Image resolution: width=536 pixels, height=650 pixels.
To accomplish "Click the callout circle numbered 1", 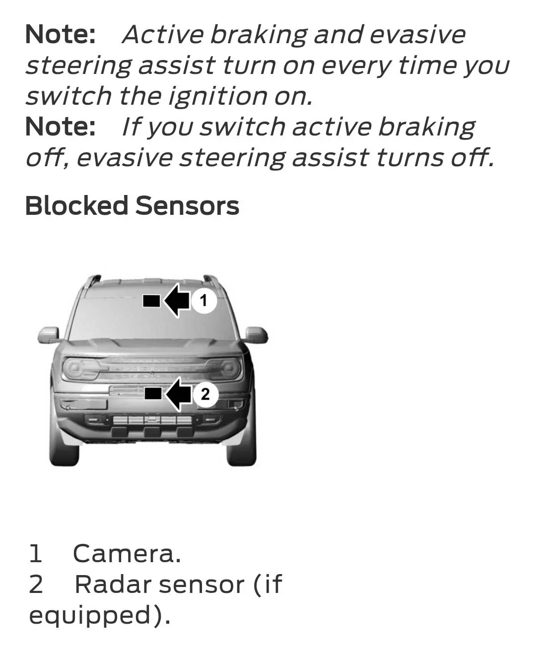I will (203, 300).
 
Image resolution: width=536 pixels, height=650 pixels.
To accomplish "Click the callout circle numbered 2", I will (205, 394).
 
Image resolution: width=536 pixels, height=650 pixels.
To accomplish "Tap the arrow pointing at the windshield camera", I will (176, 300).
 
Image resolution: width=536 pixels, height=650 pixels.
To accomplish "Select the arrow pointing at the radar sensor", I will (178, 394).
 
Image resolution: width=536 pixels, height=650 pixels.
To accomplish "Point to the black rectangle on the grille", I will (153, 394).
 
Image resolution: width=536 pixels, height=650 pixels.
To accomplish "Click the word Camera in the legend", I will (127, 554).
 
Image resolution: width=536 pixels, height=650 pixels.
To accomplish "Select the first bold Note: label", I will (60, 34).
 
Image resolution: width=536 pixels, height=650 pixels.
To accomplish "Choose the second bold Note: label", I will (60, 127).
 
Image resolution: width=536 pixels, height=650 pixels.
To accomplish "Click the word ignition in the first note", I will (217, 96).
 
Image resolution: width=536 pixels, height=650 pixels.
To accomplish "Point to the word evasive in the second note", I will (124, 158).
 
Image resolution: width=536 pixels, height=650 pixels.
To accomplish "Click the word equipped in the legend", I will (89, 616).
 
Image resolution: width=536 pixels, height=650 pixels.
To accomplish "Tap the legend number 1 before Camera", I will (35, 554).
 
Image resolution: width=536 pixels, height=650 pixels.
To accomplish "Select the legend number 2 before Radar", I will (36, 585).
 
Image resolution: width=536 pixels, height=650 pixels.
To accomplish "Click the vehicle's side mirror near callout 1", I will (256, 335).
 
